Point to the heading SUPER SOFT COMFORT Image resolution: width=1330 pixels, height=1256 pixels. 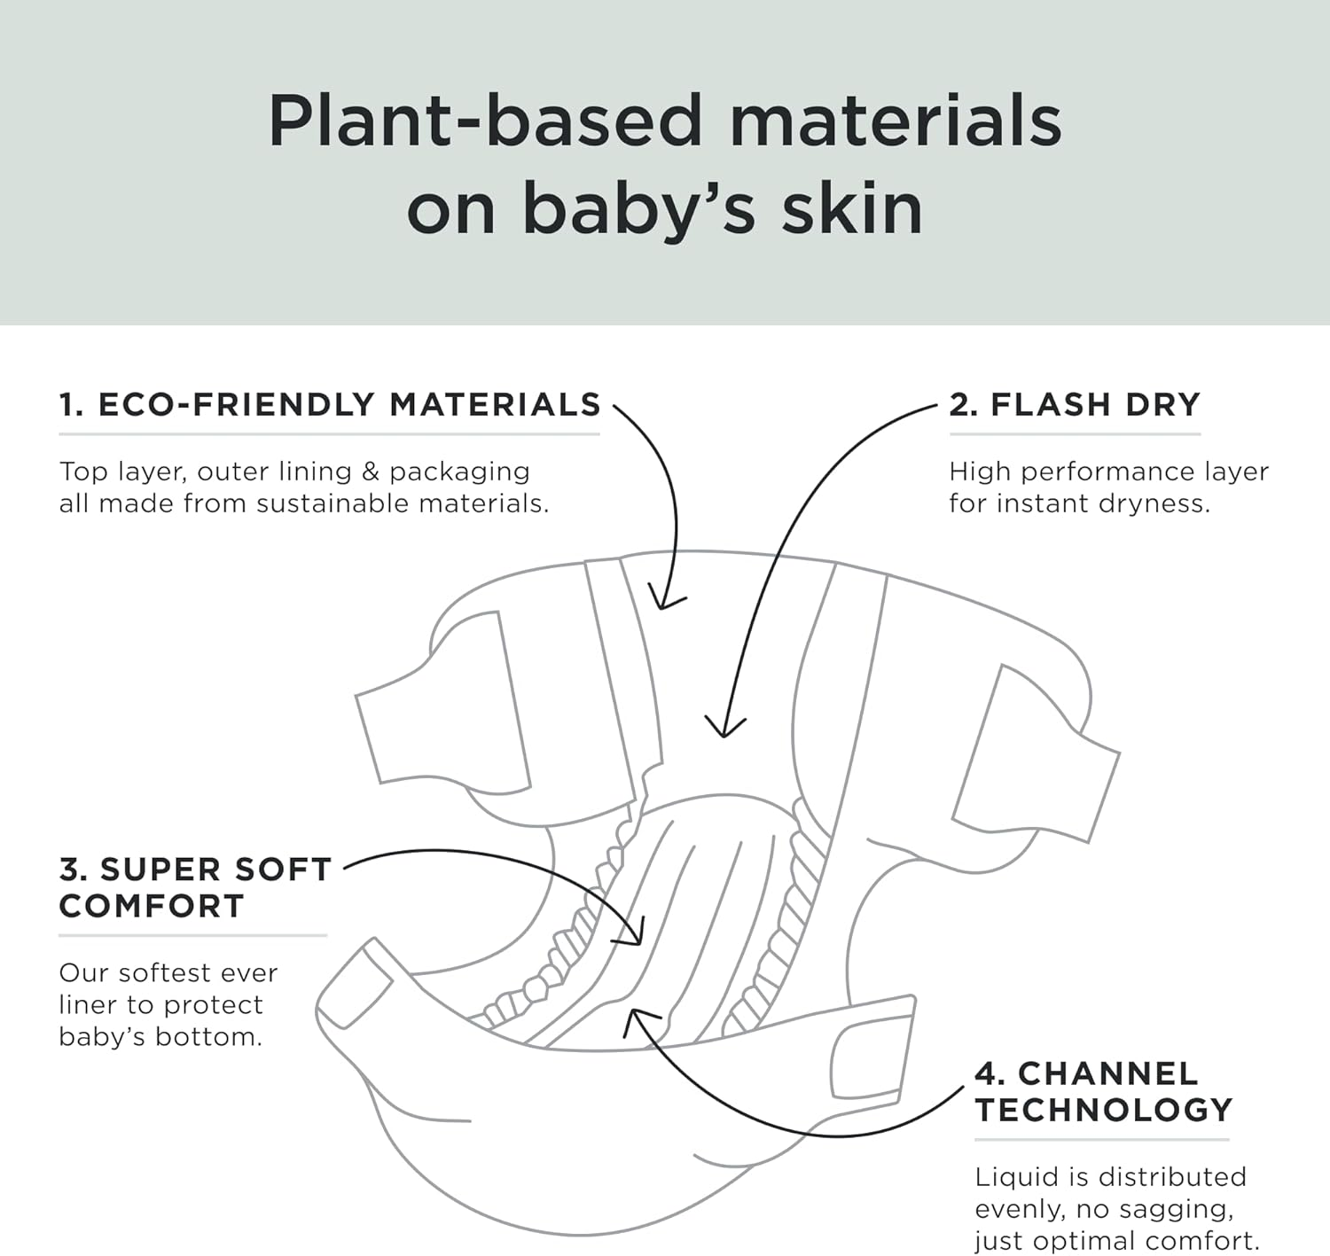pyautogui.click(x=195, y=887)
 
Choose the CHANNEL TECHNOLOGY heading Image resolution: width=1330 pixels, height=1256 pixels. pyautogui.click(x=1104, y=1091)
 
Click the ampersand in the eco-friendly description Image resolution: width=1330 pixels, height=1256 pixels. pyautogui.click(x=371, y=472)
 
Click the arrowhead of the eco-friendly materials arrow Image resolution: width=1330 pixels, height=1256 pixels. pyautogui.click(x=662, y=604)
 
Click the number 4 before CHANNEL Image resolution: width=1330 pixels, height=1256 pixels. pyautogui.click(x=988, y=1074)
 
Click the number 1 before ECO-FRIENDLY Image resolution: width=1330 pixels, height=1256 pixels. pyautogui.click(x=69, y=405)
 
